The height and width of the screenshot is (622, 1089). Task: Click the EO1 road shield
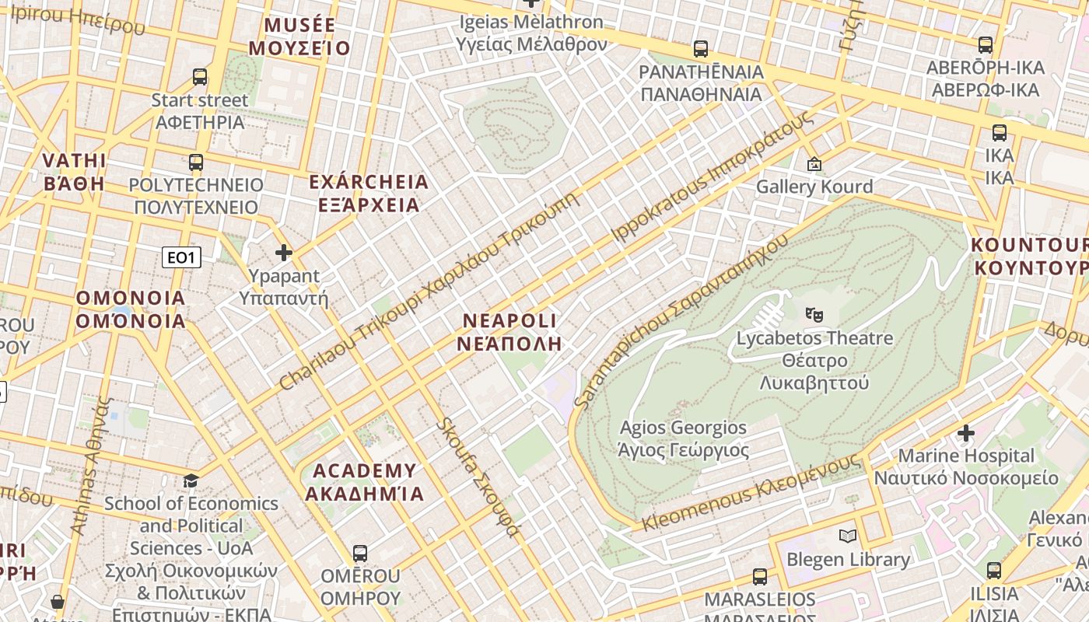click(181, 257)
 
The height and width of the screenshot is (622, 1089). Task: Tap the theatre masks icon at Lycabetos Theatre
click(814, 315)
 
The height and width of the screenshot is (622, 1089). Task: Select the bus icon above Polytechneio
click(196, 162)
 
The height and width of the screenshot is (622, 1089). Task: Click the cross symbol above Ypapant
click(284, 253)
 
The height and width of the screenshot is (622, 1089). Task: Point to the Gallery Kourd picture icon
click(814, 164)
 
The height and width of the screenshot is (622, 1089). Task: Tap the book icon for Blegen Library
click(847, 536)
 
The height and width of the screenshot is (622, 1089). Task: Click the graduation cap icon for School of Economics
click(191, 480)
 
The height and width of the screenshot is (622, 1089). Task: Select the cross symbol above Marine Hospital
click(966, 432)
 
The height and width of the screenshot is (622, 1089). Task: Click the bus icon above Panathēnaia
click(701, 49)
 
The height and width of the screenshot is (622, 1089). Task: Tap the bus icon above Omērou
click(359, 554)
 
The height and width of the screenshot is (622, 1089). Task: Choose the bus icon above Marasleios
click(760, 577)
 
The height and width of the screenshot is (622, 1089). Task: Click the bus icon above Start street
click(200, 77)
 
